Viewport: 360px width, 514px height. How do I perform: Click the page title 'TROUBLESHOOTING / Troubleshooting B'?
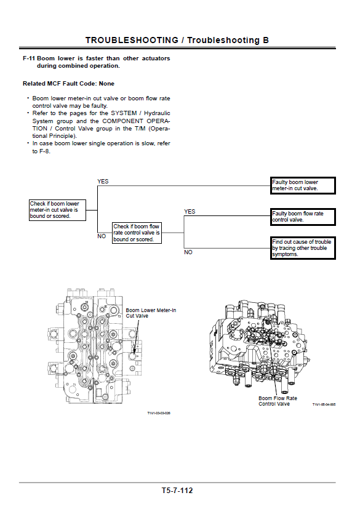click(177, 40)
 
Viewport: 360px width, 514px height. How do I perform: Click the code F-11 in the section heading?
click(29, 58)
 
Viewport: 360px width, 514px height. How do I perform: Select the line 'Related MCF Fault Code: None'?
click(68, 84)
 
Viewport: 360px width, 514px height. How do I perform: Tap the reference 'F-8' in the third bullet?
click(44, 151)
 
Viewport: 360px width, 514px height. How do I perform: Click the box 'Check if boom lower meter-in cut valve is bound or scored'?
click(57, 210)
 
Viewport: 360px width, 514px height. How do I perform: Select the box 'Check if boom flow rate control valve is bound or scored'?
click(137, 233)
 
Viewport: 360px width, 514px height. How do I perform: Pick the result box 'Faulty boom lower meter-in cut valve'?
click(303, 185)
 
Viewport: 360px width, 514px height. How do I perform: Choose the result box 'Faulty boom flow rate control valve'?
click(303, 217)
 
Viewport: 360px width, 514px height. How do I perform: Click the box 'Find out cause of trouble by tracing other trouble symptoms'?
click(303, 248)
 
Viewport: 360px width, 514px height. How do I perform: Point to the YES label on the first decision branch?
click(103, 181)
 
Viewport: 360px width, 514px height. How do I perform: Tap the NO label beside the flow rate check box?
click(102, 236)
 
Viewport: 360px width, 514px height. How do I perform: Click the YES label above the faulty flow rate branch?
click(190, 212)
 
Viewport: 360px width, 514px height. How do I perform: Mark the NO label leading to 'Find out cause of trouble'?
click(188, 252)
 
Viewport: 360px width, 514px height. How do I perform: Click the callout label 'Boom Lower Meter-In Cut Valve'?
click(151, 313)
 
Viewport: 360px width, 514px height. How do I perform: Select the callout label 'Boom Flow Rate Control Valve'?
click(278, 401)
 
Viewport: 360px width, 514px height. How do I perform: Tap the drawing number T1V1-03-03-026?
click(159, 413)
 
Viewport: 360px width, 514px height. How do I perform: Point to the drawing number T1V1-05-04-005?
click(324, 404)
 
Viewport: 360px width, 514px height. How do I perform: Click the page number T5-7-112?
click(177, 491)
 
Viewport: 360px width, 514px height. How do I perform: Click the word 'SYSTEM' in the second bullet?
click(124, 113)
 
